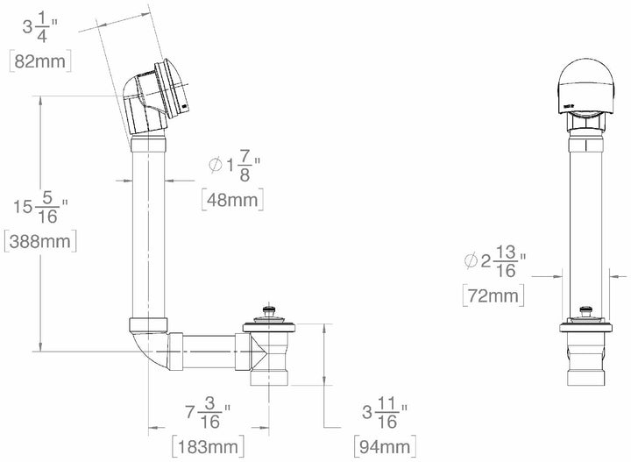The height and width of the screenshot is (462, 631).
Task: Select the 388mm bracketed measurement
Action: click(x=40, y=240)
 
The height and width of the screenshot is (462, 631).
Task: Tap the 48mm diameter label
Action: click(x=232, y=199)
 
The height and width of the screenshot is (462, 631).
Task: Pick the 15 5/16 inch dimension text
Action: click(x=40, y=207)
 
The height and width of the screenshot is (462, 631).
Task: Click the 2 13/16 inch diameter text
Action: click(x=494, y=260)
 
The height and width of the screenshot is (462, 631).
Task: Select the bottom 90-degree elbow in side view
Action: click(x=150, y=344)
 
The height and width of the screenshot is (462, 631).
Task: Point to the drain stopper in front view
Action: click(x=582, y=313)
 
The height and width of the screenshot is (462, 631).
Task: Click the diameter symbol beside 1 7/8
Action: click(x=213, y=165)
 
